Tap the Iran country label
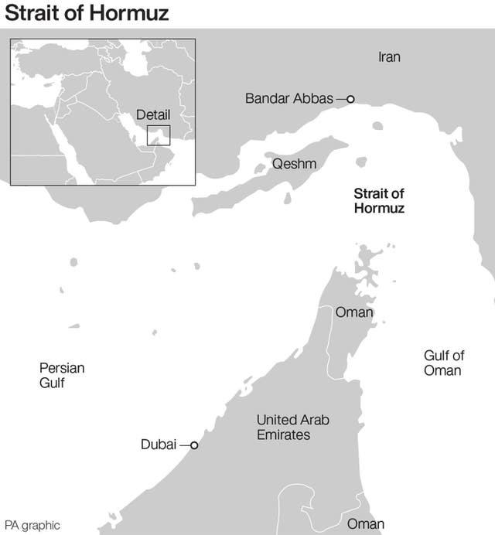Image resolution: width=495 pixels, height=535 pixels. coord(389,57)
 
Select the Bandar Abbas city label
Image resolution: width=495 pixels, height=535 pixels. coord(288,98)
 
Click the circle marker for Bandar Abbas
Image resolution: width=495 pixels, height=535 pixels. coord(350,99)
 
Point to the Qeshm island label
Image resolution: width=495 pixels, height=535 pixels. coord(294,164)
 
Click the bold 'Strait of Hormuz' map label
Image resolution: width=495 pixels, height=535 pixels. coord(379,201)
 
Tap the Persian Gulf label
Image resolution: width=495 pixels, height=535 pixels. coord(62,376)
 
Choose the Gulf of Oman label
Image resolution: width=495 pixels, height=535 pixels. coord(443,363)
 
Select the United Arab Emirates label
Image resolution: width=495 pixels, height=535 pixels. coord(292,428)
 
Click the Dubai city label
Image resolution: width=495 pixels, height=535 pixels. coord(159,445)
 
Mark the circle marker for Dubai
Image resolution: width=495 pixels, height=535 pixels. coord(194,445)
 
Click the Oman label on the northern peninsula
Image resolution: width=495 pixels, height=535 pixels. coord(354,313)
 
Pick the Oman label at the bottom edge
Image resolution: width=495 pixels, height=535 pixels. coord(365,524)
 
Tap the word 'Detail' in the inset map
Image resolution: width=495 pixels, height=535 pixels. coord(153,114)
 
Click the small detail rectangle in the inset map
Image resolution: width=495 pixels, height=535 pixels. coord(159,135)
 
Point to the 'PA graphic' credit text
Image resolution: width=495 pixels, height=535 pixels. coord(32,525)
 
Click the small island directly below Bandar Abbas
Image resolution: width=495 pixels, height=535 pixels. coord(377,125)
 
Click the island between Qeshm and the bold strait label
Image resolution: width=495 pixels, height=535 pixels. coord(360,162)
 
